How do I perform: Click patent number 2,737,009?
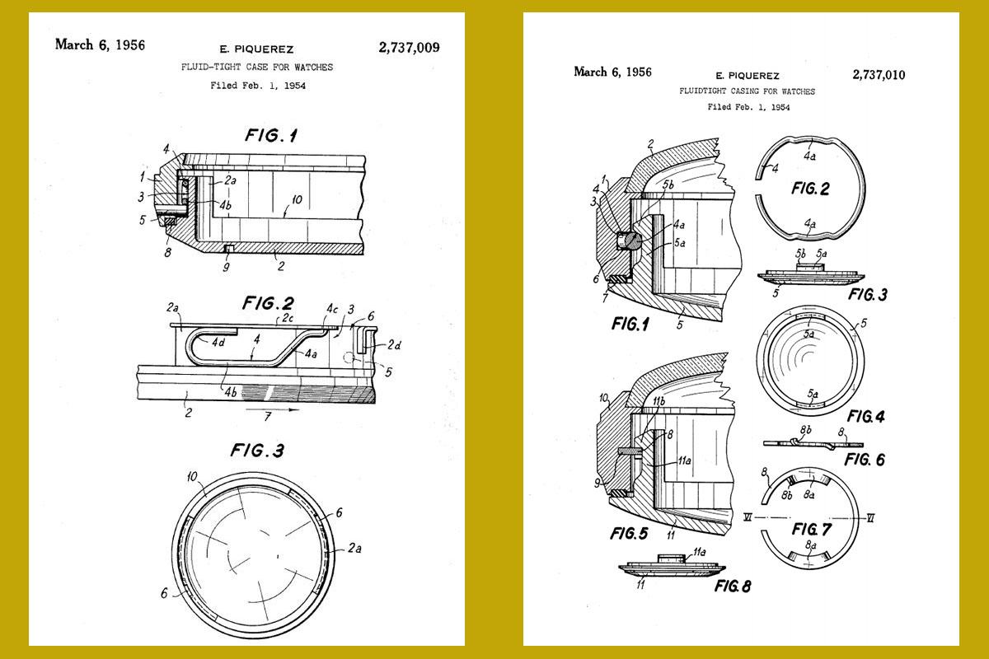[409, 48]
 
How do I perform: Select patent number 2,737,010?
[879, 75]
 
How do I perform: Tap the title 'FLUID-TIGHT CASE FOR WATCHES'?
[257, 67]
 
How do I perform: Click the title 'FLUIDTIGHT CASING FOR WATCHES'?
[747, 91]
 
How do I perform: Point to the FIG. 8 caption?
[733, 587]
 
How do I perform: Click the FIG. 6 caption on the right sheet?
[865, 460]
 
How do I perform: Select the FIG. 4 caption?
[866, 416]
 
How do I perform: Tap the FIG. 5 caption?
[629, 534]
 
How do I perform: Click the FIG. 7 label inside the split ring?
[812, 529]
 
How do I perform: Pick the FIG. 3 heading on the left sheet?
[257, 451]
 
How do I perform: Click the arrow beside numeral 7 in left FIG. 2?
[273, 409]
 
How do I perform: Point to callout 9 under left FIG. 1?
[226, 267]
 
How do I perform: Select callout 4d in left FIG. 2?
[218, 343]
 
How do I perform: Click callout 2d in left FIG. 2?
[394, 344]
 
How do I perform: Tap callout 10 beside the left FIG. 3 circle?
[192, 477]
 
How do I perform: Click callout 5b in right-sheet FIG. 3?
[800, 254]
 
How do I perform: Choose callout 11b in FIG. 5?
[659, 401]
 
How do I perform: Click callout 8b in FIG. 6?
[805, 429]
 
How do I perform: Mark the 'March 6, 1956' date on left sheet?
[100, 44]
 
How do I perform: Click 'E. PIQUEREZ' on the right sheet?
[747, 76]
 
